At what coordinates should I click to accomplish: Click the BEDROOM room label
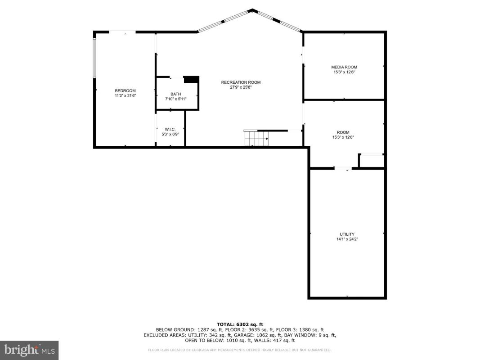pyautogui.click(x=125, y=90)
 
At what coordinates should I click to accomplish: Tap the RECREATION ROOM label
pyautogui.click(x=241, y=82)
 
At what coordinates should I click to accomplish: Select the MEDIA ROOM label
pyautogui.click(x=344, y=67)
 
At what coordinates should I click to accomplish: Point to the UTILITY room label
pyautogui.click(x=347, y=234)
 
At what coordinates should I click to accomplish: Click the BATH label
pyautogui.click(x=176, y=94)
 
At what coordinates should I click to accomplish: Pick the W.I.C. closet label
pyautogui.click(x=170, y=129)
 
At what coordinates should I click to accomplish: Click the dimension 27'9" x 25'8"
pyautogui.click(x=241, y=87)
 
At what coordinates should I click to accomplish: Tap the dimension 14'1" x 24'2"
pyautogui.click(x=347, y=239)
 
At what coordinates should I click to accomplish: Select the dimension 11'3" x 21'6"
pyautogui.click(x=125, y=95)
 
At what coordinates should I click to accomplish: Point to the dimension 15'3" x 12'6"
pyautogui.click(x=344, y=72)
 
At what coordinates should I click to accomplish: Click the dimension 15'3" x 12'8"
pyautogui.click(x=343, y=137)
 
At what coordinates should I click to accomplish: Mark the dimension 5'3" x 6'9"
pyautogui.click(x=170, y=134)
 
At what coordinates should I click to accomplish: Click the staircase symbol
pyautogui.click(x=256, y=138)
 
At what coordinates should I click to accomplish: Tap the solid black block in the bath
pyautogui.click(x=192, y=80)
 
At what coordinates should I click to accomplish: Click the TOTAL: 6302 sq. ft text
pyautogui.click(x=240, y=324)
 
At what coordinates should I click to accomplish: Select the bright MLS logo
pyautogui.click(x=29, y=350)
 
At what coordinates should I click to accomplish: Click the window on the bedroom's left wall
pyautogui.click(x=94, y=58)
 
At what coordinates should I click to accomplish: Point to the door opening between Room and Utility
pyautogui.click(x=343, y=168)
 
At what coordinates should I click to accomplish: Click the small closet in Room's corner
pyautogui.click(x=371, y=161)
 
